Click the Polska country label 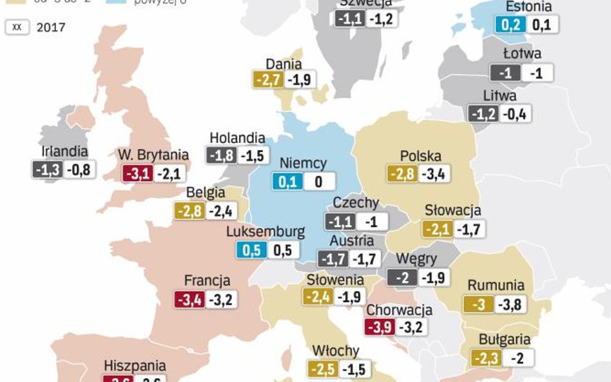coord(420,156)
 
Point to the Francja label coord(207,281)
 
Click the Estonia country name coord(529,7)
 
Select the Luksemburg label coord(266,232)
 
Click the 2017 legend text coord(51,28)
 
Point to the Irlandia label coord(64,151)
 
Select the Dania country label coord(284,64)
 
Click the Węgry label coord(416,259)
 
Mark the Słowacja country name coord(452,211)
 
